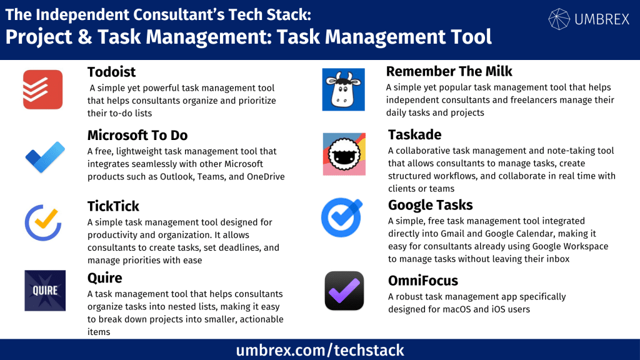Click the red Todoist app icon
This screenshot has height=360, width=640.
tap(42, 89)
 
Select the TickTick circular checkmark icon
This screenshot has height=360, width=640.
tap(42, 223)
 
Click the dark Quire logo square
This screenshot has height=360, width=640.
tap(45, 291)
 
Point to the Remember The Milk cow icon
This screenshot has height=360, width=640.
tap(343, 89)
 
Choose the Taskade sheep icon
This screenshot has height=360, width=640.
tap(344, 154)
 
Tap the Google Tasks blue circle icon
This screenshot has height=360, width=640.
tap(342, 217)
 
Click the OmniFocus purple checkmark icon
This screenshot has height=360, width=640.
tap(344, 291)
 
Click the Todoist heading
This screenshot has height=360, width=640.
tap(112, 72)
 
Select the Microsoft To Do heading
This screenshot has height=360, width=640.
tap(137, 135)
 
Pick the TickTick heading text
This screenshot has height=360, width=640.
tap(113, 206)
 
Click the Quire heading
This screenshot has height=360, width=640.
tap(105, 277)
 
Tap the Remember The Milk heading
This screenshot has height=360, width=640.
tap(449, 71)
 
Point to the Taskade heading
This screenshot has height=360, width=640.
tap(414, 134)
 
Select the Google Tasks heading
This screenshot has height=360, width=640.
tap(430, 205)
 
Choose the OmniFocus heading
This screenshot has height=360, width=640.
tap(423, 281)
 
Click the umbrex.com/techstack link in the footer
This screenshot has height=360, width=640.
tap(320, 350)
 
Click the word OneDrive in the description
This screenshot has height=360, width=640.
tap(263, 176)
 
